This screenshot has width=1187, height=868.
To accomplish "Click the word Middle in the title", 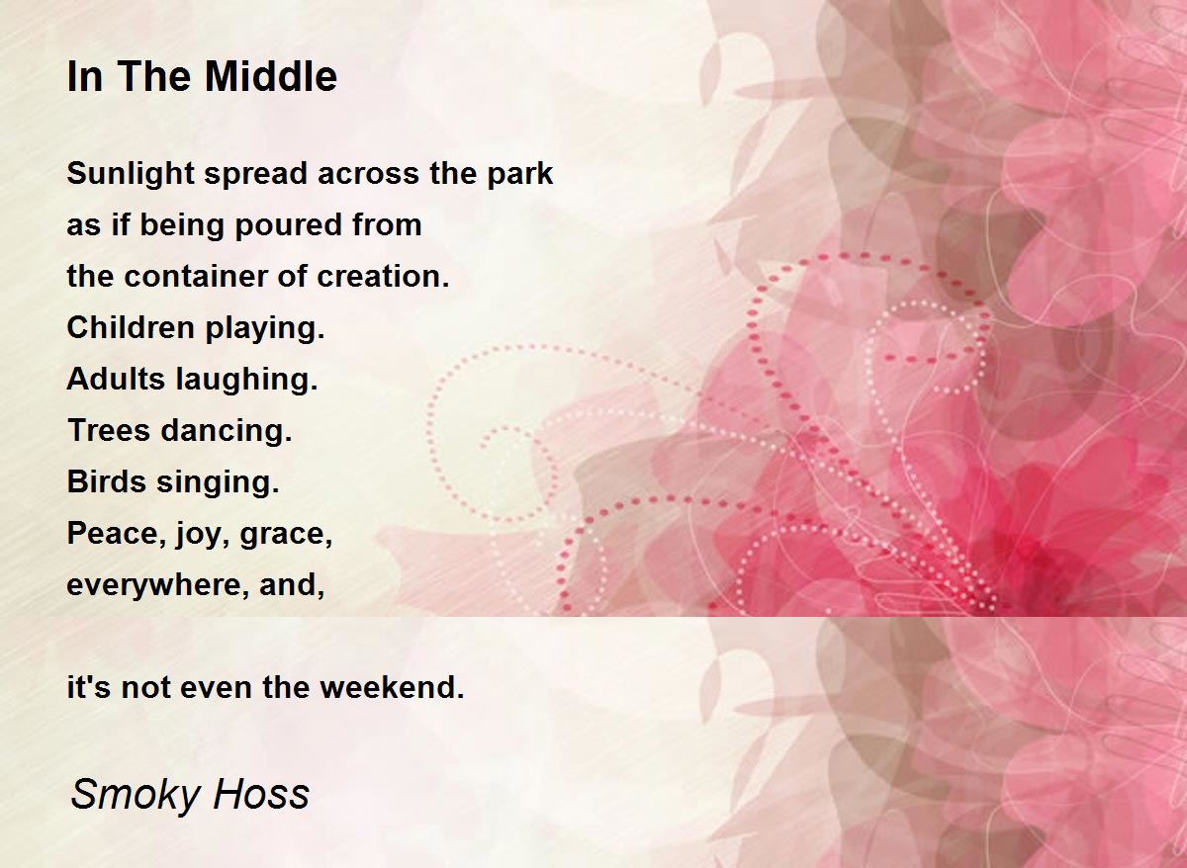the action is pos(271,76).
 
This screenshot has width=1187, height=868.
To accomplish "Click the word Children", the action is pos(131,328).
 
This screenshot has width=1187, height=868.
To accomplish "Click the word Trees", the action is pos(109,430).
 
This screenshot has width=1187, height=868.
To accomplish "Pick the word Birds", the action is pos(107,481).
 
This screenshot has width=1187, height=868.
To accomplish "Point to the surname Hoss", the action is pos(261,793).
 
